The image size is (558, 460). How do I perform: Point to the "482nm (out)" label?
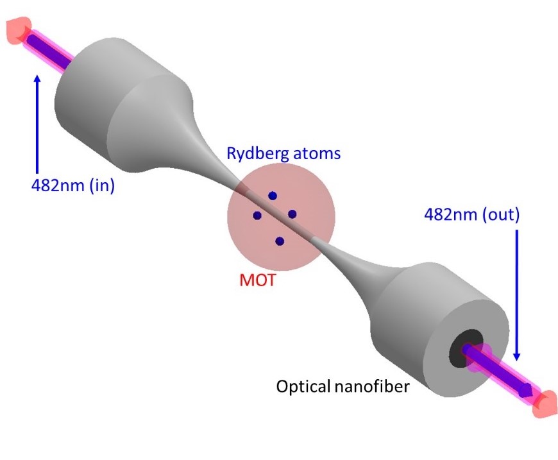pos(471,214)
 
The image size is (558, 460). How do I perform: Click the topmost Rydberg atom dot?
pos(273,196)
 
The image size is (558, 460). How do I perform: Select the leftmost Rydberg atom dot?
pos(257,216)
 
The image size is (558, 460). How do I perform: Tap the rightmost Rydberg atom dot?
pos(292,214)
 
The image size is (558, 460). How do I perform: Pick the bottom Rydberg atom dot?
pos(280,241)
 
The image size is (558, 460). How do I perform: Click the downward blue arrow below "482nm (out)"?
pos(518,295)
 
